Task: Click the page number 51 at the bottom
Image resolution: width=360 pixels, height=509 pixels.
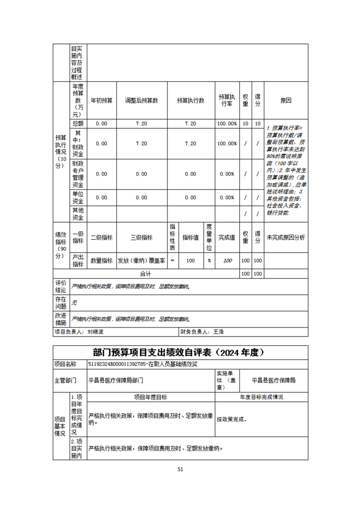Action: point(180,470)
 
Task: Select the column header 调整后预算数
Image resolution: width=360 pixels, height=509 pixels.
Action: point(142,101)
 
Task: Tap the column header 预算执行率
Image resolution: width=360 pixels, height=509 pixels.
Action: point(227,101)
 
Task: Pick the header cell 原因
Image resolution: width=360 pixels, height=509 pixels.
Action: point(286,101)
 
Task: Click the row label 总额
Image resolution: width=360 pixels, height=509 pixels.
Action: point(78,123)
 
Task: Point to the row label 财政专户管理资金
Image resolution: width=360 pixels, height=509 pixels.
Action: point(78,174)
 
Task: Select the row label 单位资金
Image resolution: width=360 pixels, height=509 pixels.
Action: point(78,197)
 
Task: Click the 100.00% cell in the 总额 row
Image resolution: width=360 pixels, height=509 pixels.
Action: point(227,123)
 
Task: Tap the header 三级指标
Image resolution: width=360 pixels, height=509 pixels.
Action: point(142,237)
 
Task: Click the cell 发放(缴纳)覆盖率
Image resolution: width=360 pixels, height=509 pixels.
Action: point(142,261)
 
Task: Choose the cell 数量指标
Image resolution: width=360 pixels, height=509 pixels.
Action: point(102,261)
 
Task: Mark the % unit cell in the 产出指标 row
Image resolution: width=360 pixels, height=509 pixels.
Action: point(209,261)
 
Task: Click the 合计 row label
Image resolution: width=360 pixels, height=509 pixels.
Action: point(145,274)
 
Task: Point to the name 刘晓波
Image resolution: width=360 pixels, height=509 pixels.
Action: point(95,332)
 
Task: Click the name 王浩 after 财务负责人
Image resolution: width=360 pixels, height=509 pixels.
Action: point(218,332)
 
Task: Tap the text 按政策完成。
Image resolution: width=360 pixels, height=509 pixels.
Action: point(232,420)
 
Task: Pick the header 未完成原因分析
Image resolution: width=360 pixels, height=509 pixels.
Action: point(286,237)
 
